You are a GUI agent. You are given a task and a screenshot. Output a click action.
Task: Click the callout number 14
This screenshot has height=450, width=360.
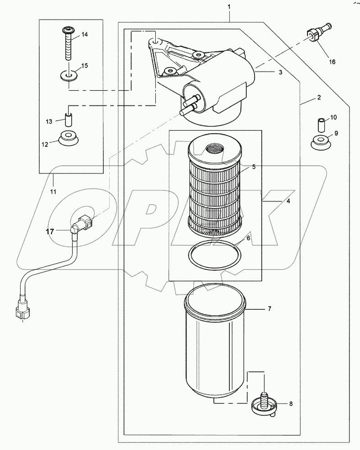pos(85,35)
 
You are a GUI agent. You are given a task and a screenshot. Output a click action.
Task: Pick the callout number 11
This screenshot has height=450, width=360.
pos(53,192)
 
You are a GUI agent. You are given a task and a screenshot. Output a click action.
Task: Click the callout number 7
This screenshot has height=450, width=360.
pos(269,309)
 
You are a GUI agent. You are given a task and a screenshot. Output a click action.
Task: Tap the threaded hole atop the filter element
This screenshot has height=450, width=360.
pos(213,148)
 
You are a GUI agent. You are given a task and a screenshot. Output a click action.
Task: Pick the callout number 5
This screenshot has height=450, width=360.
pos(253,167)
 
